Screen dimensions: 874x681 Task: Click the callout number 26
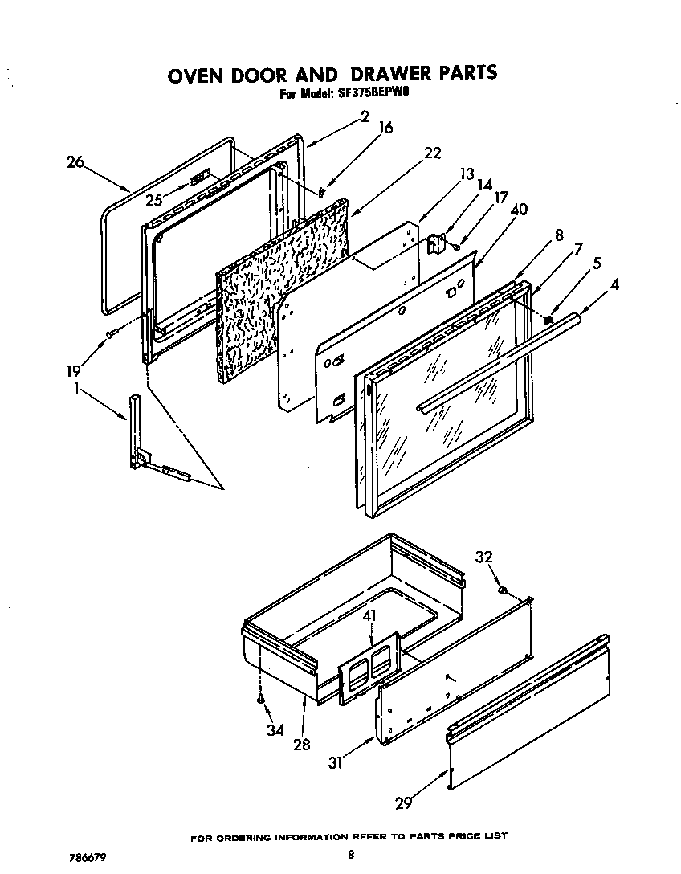click(x=75, y=161)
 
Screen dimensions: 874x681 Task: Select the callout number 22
click(x=432, y=153)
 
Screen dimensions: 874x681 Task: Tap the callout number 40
click(x=518, y=210)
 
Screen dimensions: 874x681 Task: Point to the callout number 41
click(x=369, y=616)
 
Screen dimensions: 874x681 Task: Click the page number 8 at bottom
click(x=351, y=856)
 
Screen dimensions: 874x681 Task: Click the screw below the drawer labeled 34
click(x=262, y=700)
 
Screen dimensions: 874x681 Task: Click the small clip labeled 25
click(x=201, y=177)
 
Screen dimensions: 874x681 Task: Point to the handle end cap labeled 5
click(x=548, y=319)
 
